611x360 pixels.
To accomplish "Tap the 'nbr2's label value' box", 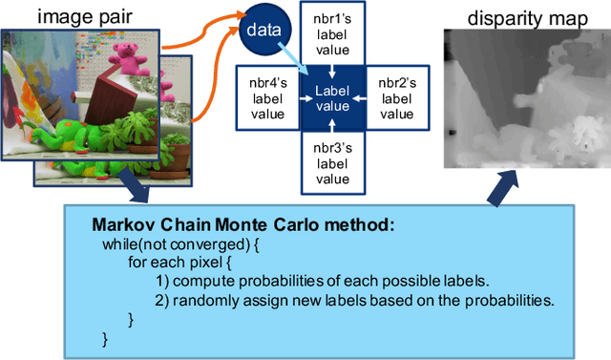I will tap(392, 95).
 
